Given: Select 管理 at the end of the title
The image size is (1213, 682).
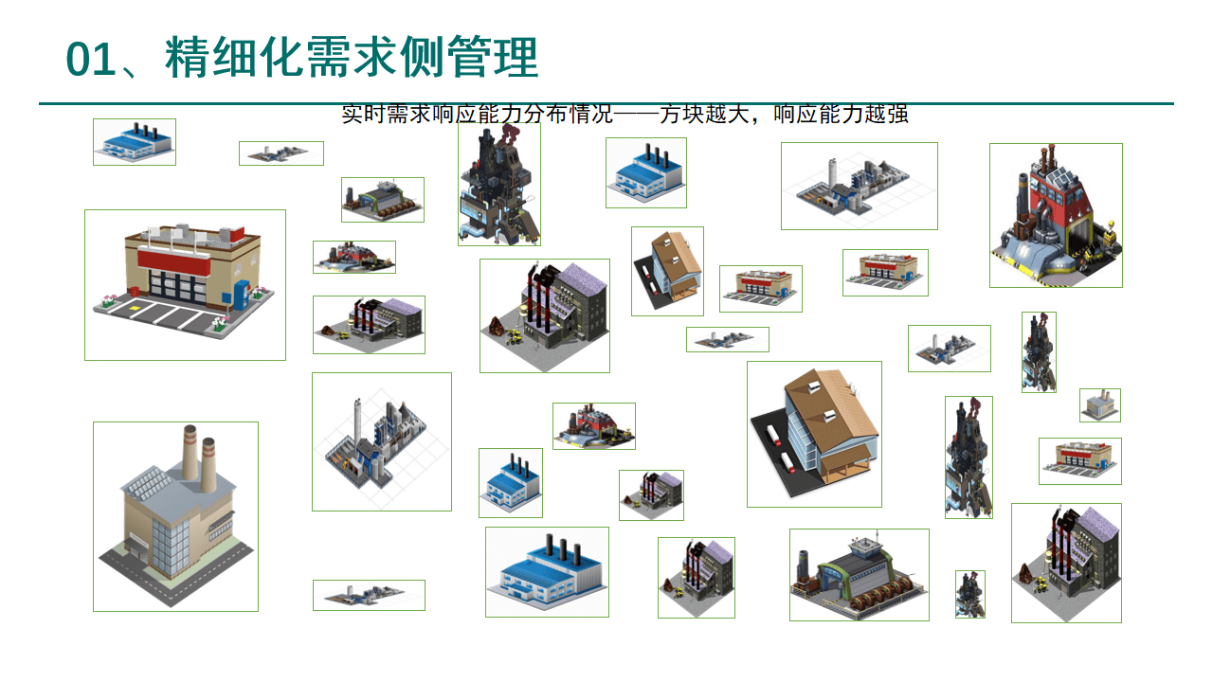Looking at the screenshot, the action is [493, 59].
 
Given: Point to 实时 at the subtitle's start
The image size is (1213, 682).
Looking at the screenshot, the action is [361, 115].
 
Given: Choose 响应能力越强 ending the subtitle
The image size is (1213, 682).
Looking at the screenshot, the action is [842, 115].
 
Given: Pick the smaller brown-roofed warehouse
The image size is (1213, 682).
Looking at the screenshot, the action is [668, 270].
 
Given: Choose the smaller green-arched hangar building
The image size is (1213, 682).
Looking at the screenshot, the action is [383, 200].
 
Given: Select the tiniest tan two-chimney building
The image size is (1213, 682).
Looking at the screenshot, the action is [1100, 405].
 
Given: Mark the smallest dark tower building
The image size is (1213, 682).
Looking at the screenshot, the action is [969, 594].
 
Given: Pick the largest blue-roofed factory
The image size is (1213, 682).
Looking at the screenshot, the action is [547, 571].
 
